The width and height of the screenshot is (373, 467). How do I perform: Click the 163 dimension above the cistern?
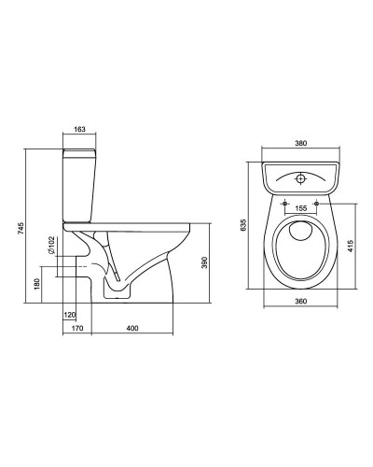pyautogui.click(x=80, y=129)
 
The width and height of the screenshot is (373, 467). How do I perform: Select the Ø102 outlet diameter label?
pyautogui.click(x=51, y=245)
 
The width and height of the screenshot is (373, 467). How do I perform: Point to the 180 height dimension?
pyautogui.click(x=36, y=284)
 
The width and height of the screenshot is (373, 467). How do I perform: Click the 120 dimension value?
pyautogui.click(x=69, y=315)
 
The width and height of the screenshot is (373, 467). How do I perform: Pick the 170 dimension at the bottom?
pyautogui.click(x=77, y=328)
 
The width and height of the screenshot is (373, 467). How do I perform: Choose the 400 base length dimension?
pyautogui.click(x=132, y=328)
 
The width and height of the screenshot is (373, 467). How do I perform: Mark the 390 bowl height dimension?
pyautogui.click(x=204, y=263)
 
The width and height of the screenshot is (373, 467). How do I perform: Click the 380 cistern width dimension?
pyautogui.click(x=301, y=143)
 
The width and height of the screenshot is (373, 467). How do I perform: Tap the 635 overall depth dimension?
pyautogui.click(x=243, y=225)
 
